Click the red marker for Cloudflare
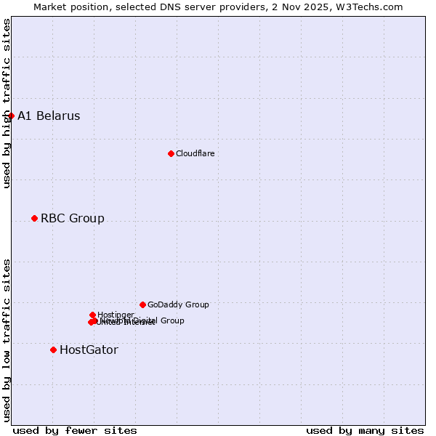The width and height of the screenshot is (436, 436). click(171, 153)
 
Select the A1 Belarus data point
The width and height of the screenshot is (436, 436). click(11, 116)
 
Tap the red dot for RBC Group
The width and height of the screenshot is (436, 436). click(34, 218)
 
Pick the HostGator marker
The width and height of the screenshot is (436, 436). click(53, 350)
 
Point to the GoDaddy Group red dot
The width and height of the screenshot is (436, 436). click(142, 304)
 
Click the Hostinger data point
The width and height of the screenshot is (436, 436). click(92, 315)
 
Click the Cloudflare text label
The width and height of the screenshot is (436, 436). click(195, 153)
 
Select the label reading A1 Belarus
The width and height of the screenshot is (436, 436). click(49, 116)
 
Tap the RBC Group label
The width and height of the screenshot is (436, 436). click(72, 218)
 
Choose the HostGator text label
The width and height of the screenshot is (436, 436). click(89, 350)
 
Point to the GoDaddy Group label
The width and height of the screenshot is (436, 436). click(178, 304)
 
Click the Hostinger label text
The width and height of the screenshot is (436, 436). click(116, 315)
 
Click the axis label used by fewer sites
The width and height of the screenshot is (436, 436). click(75, 430)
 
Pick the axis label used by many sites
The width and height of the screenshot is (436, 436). click(365, 430)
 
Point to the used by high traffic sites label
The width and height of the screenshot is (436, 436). click(7, 103)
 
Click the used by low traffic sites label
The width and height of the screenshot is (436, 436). click(7, 339)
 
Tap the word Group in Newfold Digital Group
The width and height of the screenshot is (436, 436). click(172, 320)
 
